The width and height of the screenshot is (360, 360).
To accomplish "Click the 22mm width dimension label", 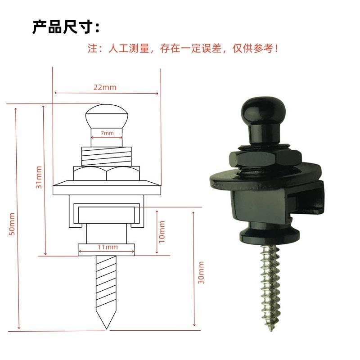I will tap(105, 87).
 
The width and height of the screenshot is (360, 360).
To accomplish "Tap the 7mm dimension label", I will tap(107, 133).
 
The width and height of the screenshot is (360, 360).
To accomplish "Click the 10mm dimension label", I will tap(162, 230).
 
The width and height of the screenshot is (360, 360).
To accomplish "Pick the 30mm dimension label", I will tap(201, 272).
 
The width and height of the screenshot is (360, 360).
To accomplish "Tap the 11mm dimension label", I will tap(108, 247).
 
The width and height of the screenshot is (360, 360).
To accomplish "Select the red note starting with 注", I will tap(183, 49).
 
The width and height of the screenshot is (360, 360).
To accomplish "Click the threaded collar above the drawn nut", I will tap(107, 156).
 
